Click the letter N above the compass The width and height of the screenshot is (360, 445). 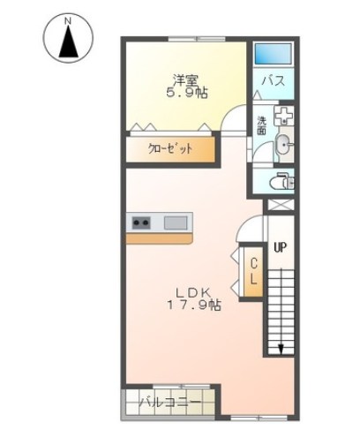point(68,21)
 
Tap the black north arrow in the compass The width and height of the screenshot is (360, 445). point(68,41)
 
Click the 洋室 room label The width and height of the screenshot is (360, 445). point(185,79)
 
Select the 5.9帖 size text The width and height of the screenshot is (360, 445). point(187,93)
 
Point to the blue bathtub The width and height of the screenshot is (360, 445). point(273,54)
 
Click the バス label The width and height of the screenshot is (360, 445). point(274,80)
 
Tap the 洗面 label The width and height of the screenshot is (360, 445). point(262,125)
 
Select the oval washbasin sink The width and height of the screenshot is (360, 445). point(284,145)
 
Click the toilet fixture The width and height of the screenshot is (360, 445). point(281,181)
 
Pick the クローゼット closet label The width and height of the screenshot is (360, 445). point(170,149)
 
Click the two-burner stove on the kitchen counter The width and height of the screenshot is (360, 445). point(141,222)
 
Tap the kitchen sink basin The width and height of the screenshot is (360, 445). point(176,222)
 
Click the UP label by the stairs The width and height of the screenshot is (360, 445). point(281,247)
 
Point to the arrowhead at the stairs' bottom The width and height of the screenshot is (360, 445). point(281,350)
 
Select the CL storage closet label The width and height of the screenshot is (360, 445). point(253,271)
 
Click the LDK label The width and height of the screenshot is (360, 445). point(193,292)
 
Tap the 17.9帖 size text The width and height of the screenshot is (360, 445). point(194,305)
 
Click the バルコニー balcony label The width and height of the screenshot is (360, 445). point(170,402)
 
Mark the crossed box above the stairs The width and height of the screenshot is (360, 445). point(281,205)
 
